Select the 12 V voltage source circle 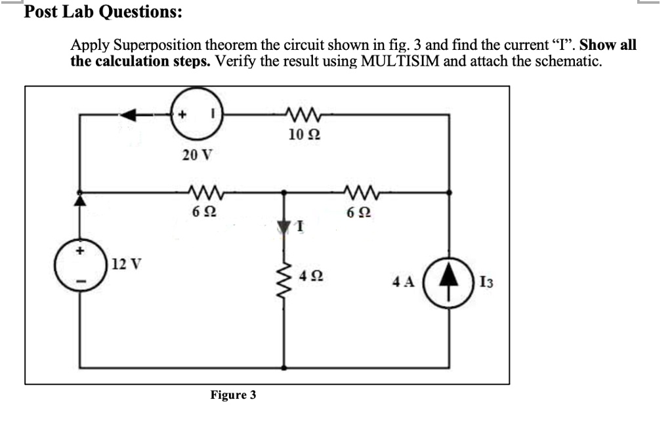point(81,267)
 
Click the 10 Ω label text point(304,135)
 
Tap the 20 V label point(197,156)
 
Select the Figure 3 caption point(233,395)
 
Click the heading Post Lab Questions point(103,12)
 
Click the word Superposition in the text point(164,46)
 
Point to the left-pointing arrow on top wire point(135,115)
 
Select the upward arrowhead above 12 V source point(81,200)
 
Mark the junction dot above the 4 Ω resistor point(284,192)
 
